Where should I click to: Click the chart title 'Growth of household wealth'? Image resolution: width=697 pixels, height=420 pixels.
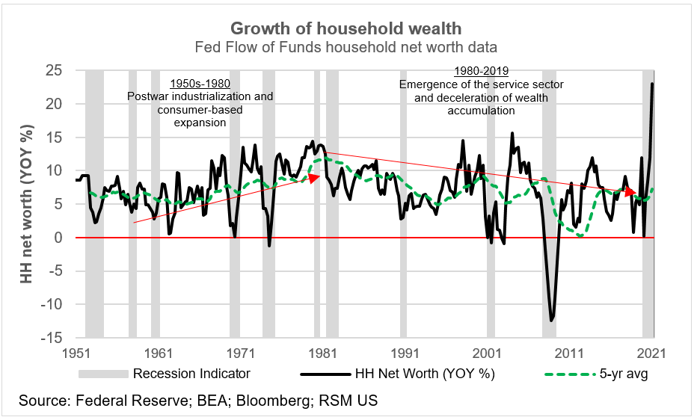pos(346,28)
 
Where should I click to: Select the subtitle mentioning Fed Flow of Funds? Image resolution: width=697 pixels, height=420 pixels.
pos(346,48)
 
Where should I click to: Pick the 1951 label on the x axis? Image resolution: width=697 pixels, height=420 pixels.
pos(76,353)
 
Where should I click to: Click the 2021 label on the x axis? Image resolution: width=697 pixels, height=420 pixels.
pos(651,353)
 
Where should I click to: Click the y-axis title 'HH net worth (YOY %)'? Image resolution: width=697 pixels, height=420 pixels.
pos(28,203)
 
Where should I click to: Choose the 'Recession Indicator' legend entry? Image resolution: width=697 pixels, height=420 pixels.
pos(191,373)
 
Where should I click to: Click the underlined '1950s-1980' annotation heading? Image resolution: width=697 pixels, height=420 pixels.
pos(200,83)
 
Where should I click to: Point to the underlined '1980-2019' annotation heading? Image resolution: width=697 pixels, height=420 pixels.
pos(481,71)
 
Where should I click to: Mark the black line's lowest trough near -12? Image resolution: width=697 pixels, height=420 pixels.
pos(552,321)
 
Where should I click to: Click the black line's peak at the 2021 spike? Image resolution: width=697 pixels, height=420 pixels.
pos(653,84)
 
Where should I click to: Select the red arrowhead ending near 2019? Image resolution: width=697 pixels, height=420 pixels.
pos(631,192)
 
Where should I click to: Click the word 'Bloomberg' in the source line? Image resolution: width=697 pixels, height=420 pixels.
pos(268,401)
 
